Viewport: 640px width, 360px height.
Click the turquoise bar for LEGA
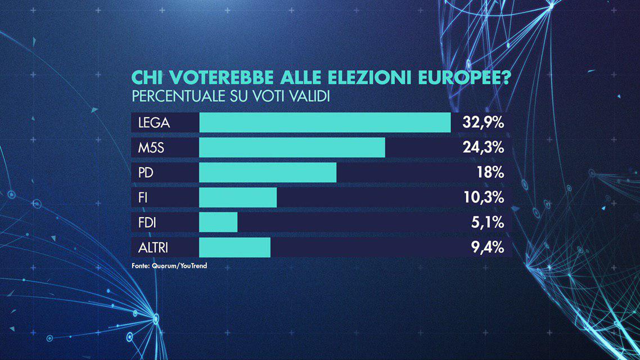coord(325,123)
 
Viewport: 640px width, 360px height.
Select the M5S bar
coord(292,147)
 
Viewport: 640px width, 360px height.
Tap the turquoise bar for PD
coord(268,173)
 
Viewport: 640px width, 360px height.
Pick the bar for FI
coord(238,197)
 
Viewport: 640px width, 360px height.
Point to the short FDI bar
coord(218,222)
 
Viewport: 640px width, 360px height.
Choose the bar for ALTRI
coord(235,247)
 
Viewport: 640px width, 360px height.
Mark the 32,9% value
coord(483,123)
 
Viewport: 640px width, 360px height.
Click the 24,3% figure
coord(483,148)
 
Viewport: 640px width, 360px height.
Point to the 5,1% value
coord(488,222)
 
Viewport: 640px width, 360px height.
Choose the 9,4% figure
coord(487,247)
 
